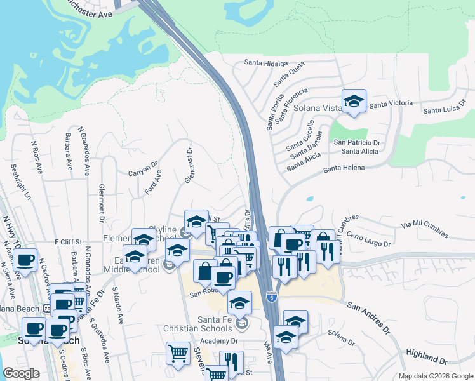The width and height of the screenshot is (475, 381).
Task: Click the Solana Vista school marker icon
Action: pos(354,101)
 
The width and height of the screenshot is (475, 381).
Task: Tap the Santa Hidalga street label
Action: pos(266,63)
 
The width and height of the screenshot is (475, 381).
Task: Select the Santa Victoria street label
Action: pos(391,103)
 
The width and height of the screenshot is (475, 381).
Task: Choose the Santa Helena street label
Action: pos(344,168)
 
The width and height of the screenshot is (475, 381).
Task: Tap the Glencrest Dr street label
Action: pos(189,166)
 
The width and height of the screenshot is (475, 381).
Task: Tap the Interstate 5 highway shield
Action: pos(272,296)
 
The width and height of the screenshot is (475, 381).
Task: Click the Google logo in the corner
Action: pos(22,373)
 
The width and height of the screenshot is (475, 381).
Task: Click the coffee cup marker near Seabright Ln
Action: pos(25,260)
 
